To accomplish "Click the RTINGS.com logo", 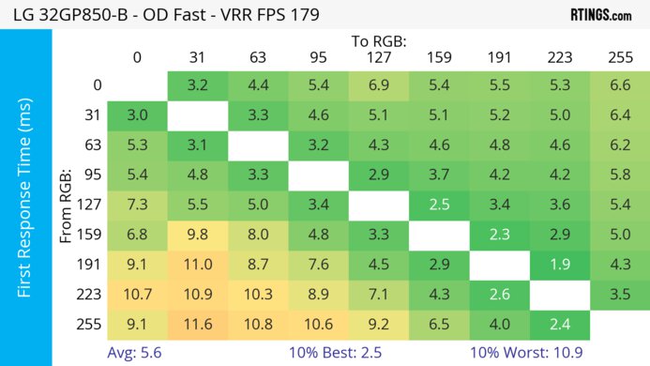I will (x=600, y=15).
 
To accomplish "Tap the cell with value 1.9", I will (x=559, y=264).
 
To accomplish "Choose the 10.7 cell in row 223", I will (x=137, y=293).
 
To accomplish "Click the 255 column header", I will (x=619, y=56).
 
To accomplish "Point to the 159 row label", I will (x=91, y=234).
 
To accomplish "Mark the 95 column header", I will (x=318, y=56).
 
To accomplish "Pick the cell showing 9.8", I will (x=198, y=234).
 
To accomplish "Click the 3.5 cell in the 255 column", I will (x=619, y=293).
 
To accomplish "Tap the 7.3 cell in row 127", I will (x=137, y=205).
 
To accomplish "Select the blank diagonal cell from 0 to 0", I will (x=137, y=85).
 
